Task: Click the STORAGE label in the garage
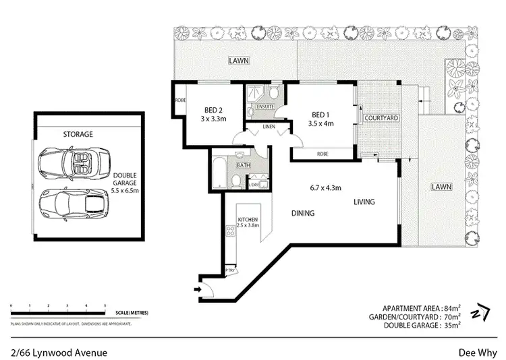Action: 78,134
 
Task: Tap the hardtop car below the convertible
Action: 71,201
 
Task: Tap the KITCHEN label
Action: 248,220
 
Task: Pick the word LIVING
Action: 362,202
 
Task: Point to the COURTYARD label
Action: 381,119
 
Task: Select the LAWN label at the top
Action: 237,61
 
